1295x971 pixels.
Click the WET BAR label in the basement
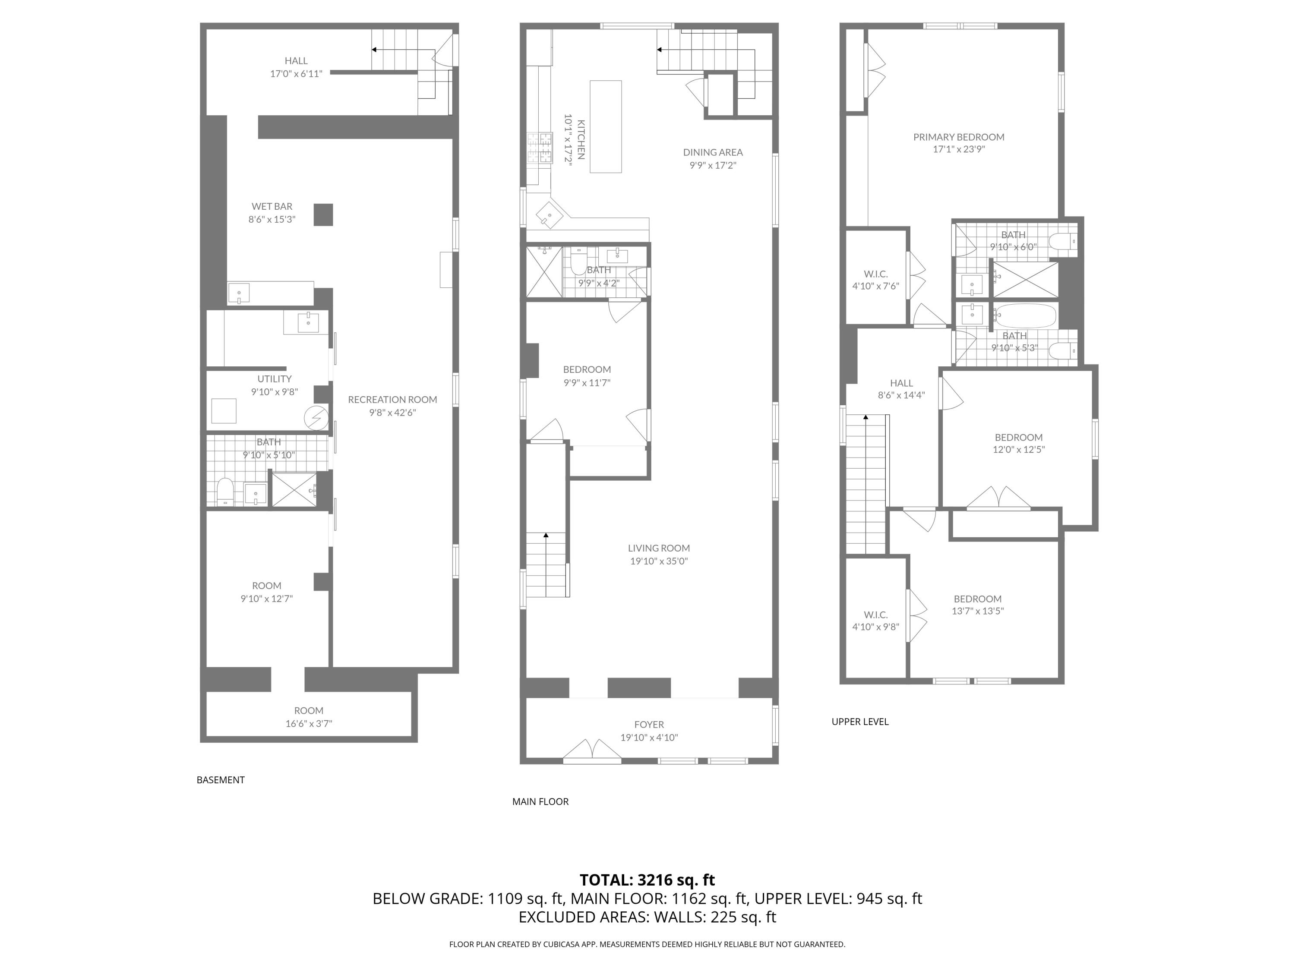tap(272, 206)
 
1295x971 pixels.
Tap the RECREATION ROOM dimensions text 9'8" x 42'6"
tap(392, 413)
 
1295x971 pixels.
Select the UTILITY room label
tap(274, 378)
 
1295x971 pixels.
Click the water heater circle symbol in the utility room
tap(316, 418)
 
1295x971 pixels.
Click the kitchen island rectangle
tap(605, 126)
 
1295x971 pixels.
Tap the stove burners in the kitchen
tap(540, 148)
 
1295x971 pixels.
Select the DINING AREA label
tap(713, 152)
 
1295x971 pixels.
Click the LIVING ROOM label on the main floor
tap(659, 548)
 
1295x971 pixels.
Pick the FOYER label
tap(649, 725)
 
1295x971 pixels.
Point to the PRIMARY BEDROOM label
tap(958, 137)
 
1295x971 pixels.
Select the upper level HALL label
tap(901, 383)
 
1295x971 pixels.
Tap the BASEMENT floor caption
tap(221, 780)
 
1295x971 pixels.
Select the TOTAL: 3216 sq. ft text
tap(647, 880)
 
